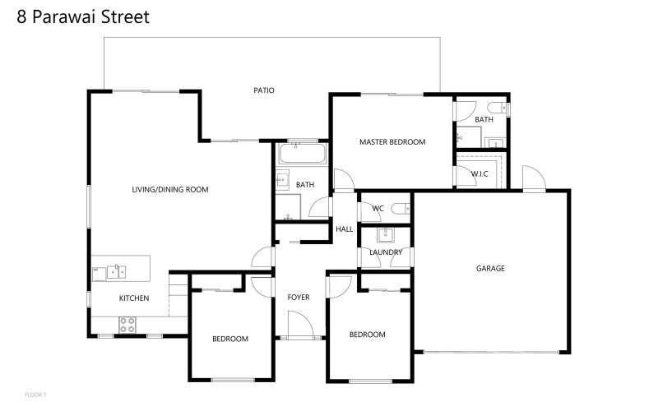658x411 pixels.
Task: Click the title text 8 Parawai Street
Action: pyautogui.click(x=83, y=16)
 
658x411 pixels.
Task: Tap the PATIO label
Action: pyautogui.click(x=263, y=90)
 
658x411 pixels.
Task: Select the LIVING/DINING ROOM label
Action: pyautogui.click(x=170, y=189)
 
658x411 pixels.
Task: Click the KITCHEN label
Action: pyautogui.click(x=134, y=298)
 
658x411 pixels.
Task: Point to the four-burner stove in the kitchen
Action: pyautogui.click(x=127, y=324)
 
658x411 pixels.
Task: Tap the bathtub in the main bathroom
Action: pyautogui.click(x=302, y=155)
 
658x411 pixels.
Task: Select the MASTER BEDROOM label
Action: pyautogui.click(x=392, y=142)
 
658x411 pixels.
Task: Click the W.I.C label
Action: pyautogui.click(x=480, y=173)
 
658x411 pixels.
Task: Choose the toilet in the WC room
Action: pyautogui.click(x=399, y=209)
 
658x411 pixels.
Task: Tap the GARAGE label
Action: pyautogui.click(x=490, y=268)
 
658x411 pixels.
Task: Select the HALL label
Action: pyautogui.click(x=344, y=229)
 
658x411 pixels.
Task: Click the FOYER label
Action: pyautogui.click(x=298, y=297)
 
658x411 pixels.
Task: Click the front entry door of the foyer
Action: pyautogui.click(x=299, y=327)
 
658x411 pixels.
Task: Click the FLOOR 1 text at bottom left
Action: pyautogui.click(x=35, y=395)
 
